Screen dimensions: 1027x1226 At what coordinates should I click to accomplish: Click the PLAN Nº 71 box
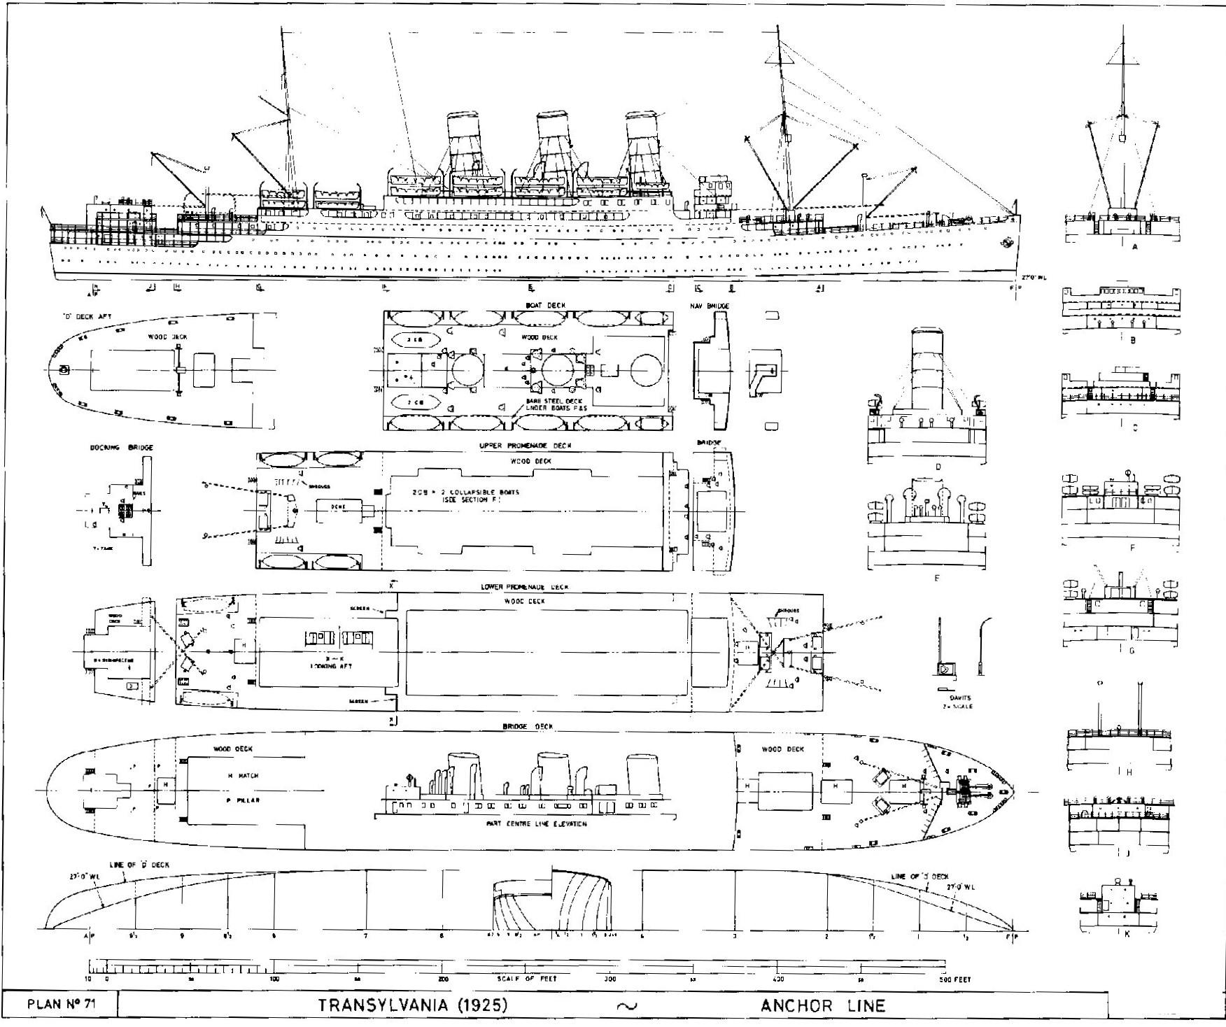click(61, 1005)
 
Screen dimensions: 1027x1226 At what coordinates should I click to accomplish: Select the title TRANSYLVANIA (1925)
click(413, 1005)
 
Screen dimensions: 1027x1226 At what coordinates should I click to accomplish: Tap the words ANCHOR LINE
click(822, 1006)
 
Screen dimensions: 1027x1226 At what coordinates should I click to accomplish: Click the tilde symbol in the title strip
click(628, 1006)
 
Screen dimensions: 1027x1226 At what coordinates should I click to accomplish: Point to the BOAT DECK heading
click(545, 306)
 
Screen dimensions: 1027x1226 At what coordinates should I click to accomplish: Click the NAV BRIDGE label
click(713, 306)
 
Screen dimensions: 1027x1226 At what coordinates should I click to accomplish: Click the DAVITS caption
click(957, 697)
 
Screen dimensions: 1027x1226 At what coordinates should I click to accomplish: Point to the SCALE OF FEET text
click(527, 979)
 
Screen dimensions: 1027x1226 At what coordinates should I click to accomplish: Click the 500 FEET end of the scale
click(955, 979)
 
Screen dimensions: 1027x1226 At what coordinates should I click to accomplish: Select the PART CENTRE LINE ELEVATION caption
click(536, 823)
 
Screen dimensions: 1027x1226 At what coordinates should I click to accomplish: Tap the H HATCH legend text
click(243, 776)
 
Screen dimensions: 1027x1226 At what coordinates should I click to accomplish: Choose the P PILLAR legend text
click(243, 799)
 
